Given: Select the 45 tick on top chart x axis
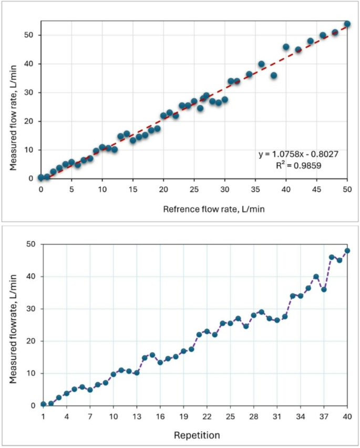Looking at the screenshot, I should tap(316, 189).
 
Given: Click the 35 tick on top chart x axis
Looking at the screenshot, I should tap(255, 189).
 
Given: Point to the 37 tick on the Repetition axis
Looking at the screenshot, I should tap(324, 416).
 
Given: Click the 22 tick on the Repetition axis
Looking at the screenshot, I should tap(207, 416).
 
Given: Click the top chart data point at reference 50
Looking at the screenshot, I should tap(347, 24).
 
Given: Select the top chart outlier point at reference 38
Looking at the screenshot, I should tap(273, 76).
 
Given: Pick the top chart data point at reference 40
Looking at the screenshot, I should tap(286, 47).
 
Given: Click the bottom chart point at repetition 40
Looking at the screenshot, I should tap(347, 251).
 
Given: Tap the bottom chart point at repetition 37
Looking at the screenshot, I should tap(324, 289).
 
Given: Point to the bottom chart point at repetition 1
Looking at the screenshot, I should tap(43, 404).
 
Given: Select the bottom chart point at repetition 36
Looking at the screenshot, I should tap(316, 276).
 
